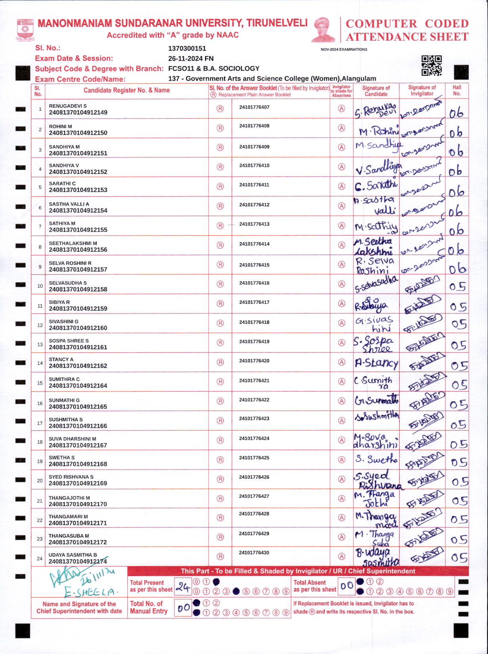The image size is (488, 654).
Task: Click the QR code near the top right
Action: click(x=431, y=66)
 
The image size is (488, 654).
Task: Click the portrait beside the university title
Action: click(x=324, y=30)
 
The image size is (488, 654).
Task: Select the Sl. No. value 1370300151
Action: click(x=187, y=48)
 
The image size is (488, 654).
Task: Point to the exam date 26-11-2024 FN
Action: click(x=191, y=58)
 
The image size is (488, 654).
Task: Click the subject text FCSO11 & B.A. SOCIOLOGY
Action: click(x=213, y=68)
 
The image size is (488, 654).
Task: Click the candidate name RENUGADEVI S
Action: click(x=68, y=106)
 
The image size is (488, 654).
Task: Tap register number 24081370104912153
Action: click(x=78, y=190)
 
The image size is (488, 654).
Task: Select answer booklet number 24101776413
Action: click(x=254, y=224)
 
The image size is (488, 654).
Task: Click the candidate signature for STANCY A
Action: click(x=376, y=363)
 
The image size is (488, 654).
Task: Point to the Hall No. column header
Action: click(x=457, y=91)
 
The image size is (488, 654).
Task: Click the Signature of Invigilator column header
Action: click(x=422, y=91)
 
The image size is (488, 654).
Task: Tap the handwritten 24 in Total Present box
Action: click(x=183, y=587)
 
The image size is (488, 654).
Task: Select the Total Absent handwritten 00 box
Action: click(x=347, y=586)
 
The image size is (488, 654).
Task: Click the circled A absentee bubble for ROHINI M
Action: click(x=341, y=128)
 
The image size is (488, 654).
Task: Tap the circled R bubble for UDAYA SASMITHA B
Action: click(x=220, y=557)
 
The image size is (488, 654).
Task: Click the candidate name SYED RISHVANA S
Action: click(x=71, y=477)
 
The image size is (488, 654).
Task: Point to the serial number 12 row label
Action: click(x=40, y=325)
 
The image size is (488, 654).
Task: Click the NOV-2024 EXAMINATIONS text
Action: click(x=344, y=49)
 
